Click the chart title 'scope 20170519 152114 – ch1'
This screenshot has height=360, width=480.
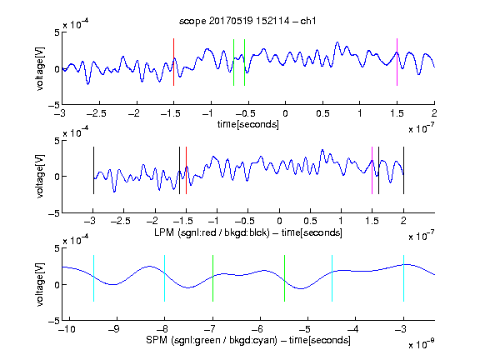(247, 21)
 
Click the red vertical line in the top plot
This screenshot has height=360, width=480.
(173, 62)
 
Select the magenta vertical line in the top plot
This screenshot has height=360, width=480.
(397, 62)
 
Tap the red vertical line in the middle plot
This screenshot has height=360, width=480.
(186, 171)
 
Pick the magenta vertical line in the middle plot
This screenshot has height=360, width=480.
(372, 171)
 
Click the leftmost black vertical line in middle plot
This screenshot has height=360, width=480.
(93, 171)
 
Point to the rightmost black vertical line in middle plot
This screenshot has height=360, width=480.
(403, 171)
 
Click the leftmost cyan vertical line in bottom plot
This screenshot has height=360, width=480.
(93, 278)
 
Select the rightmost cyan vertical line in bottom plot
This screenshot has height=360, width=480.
(403, 278)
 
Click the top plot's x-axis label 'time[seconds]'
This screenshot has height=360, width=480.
(248, 124)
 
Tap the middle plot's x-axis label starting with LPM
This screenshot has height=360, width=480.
(248, 232)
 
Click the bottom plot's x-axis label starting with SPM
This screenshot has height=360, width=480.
(248, 340)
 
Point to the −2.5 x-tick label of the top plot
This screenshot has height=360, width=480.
(96, 113)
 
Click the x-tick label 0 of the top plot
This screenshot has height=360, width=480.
(285, 113)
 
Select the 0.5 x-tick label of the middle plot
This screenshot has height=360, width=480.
(310, 221)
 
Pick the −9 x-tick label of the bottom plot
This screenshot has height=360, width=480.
(114, 329)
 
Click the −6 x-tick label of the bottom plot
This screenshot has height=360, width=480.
(260, 329)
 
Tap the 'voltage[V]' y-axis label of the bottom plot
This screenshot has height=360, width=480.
(40, 285)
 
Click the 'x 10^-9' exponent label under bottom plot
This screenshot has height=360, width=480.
(422, 344)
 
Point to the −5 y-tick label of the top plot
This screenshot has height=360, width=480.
(54, 105)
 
